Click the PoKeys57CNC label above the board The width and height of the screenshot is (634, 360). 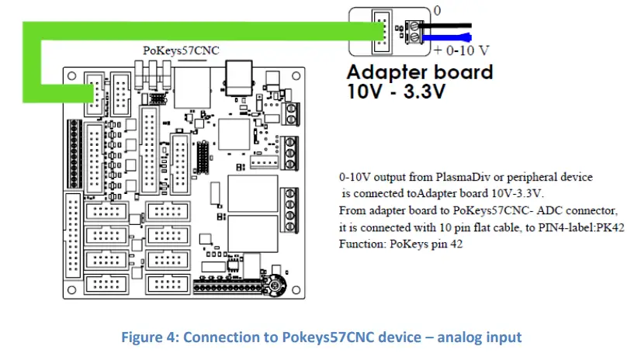(182, 50)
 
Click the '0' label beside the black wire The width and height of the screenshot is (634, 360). (436, 12)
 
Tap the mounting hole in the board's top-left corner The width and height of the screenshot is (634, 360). (71, 77)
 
